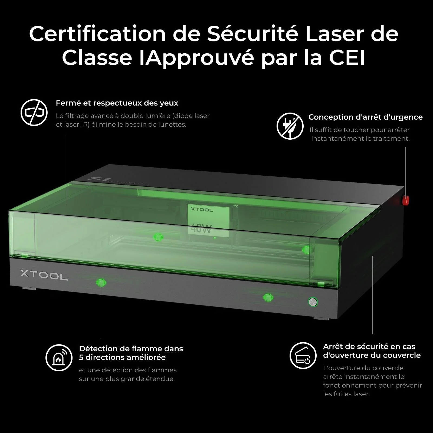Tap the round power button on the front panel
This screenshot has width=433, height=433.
click(313, 302)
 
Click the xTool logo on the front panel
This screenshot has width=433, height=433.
click(44, 275)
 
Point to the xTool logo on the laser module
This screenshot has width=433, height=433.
click(202, 209)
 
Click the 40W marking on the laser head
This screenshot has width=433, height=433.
click(201, 229)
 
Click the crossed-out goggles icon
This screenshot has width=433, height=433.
click(34, 112)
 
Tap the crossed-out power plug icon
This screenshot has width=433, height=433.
click(290, 126)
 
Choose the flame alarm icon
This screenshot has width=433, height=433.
click(59, 358)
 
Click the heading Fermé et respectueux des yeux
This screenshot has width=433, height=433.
click(117, 103)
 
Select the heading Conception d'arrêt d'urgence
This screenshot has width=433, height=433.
click(365, 117)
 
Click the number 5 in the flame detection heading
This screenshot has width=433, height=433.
click(81, 357)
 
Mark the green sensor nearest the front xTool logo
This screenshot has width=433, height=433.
click(101, 283)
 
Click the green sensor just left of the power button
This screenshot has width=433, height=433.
click(268, 297)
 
